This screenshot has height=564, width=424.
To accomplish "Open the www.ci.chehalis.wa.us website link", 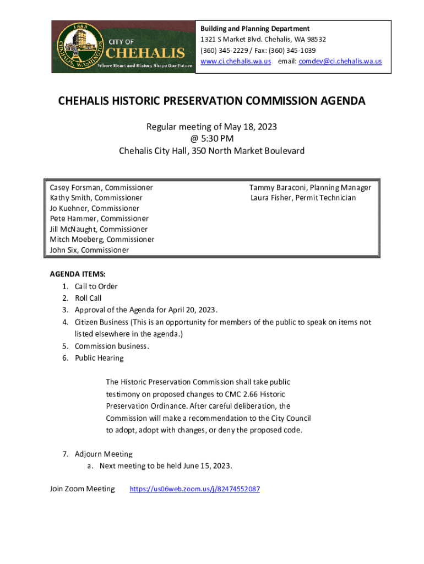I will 236,62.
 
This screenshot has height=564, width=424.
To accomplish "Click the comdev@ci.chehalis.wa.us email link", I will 340,62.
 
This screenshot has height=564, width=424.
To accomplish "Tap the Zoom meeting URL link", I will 194,489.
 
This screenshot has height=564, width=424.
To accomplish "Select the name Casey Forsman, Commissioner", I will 101,187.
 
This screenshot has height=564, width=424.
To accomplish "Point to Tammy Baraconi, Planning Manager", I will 310,187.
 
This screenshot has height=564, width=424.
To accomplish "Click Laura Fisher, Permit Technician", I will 303,198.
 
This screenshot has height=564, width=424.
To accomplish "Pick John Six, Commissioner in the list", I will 89,250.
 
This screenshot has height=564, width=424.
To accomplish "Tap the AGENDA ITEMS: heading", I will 78,274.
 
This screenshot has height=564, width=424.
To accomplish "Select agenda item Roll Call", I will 88,299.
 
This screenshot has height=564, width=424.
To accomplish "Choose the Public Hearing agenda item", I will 99,358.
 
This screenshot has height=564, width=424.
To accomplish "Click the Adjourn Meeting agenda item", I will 104,454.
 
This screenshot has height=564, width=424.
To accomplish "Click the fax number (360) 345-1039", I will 292,50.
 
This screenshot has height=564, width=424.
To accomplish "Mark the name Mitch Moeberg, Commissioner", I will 102,240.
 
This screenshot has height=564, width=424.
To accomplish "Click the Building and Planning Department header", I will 254,29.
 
